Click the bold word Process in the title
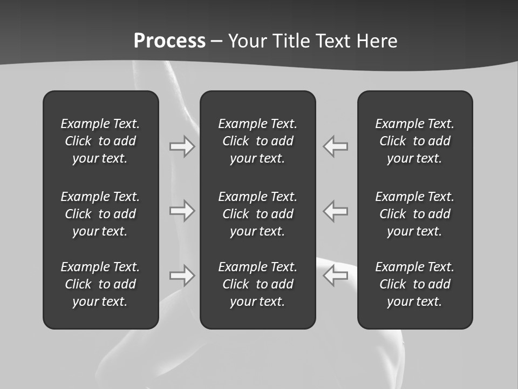169,41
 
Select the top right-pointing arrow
182,146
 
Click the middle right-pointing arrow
182,211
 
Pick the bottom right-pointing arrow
182,276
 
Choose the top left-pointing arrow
336,146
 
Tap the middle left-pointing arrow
336,211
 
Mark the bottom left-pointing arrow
336,276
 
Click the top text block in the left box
100,141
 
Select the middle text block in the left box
100,214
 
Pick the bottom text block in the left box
100,284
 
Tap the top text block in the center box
258,141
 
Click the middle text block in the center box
258,214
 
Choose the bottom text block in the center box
258,284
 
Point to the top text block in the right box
415,141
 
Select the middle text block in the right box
415,214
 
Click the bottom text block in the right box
415,284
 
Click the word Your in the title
248,41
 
